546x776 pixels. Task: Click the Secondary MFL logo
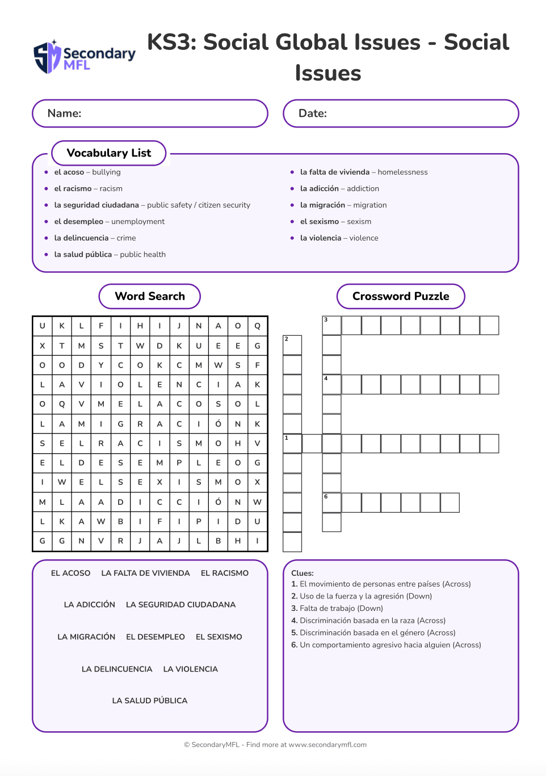pyautogui.click(x=84, y=57)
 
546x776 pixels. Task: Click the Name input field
pyautogui.click(x=150, y=113)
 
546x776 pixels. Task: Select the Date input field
pyautogui.click(x=401, y=113)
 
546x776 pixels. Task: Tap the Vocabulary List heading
pyautogui.click(x=109, y=153)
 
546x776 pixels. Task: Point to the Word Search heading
pyautogui.click(x=150, y=296)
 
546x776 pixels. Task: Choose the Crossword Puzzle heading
pyautogui.click(x=401, y=296)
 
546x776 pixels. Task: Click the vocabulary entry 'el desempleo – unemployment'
pyautogui.click(x=109, y=222)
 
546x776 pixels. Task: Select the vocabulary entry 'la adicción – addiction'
pyautogui.click(x=339, y=189)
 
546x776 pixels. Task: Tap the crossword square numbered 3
pyautogui.click(x=331, y=326)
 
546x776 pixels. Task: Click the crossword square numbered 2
pyautogui.click(x=292, y=345)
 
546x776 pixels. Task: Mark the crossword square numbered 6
pyautogui.click(x=331, y=503)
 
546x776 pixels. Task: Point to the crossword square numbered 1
pyautogui.click(x=292, y=444)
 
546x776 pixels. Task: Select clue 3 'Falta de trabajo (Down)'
pyautogui.click(x=337, y=609)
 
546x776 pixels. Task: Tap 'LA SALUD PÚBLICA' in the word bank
pyautogui.click(x=150, y=701)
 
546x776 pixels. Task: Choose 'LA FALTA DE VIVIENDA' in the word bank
pyautogui.click(x=145, y=573)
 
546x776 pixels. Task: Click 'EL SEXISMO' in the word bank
pyautogui.click(x=219, y=637)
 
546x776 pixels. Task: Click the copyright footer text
pyautogui.click(x=275, y=745)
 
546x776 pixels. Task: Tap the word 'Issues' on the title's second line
pyautogui.click(x=328, y=73)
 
